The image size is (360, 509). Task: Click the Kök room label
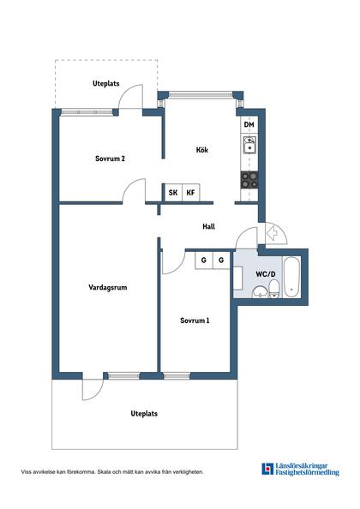202,150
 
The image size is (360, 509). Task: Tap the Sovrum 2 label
110,159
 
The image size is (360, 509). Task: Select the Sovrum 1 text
195,320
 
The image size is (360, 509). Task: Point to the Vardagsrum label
108,287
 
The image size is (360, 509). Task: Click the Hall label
209,226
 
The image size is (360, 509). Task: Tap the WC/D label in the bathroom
266,274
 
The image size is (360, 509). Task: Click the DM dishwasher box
249,125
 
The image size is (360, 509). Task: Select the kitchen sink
249,145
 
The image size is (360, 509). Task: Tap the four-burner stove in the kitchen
249,180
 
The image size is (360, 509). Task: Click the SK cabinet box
173,193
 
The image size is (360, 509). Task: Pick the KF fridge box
191,193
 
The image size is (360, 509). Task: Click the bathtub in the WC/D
291,276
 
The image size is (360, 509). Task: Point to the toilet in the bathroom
274,289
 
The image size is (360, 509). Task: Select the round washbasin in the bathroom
260,292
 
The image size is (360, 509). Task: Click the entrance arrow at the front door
272,233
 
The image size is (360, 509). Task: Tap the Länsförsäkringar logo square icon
267,469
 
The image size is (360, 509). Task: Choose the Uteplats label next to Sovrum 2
106,83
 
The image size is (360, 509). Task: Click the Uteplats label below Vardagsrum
144,414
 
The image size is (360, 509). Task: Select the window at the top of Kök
201,94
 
